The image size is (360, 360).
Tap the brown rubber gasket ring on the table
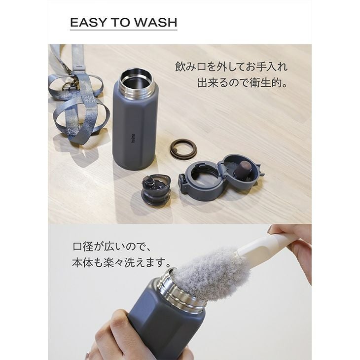pyautogui.click(x=183, y=148)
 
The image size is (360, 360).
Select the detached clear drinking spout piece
pyautogui.click(x=156, y=190)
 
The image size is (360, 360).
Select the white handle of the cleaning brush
pyautogui.click(x=264, y=244)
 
